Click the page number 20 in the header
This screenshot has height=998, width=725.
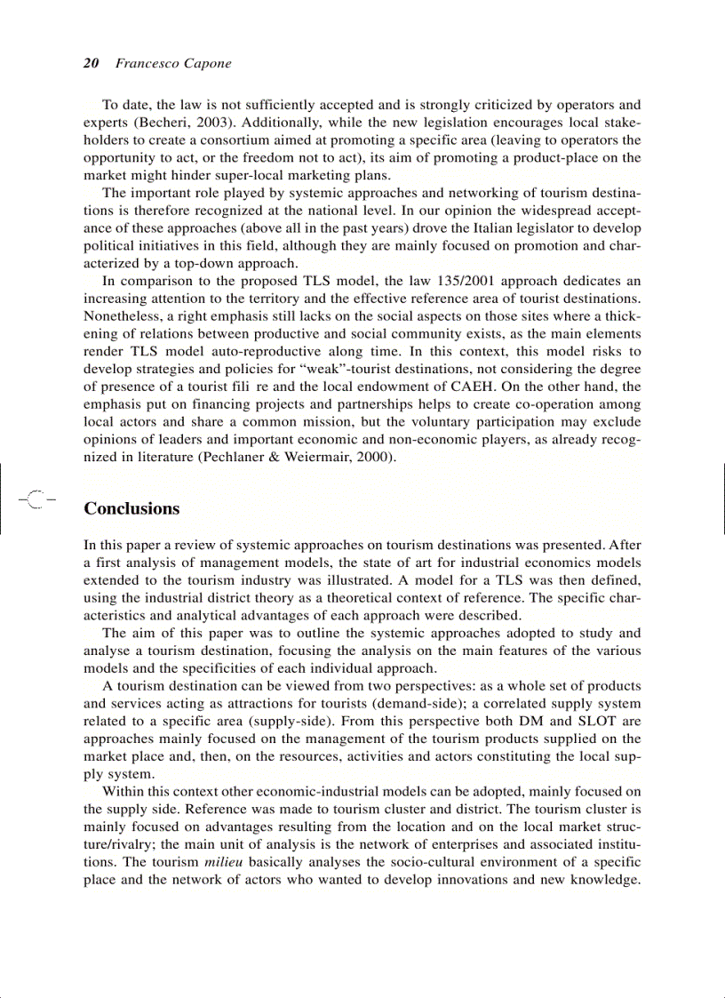(90, 63)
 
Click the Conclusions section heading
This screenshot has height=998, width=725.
(131, 509)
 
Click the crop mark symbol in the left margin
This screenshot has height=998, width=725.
(36, 499)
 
